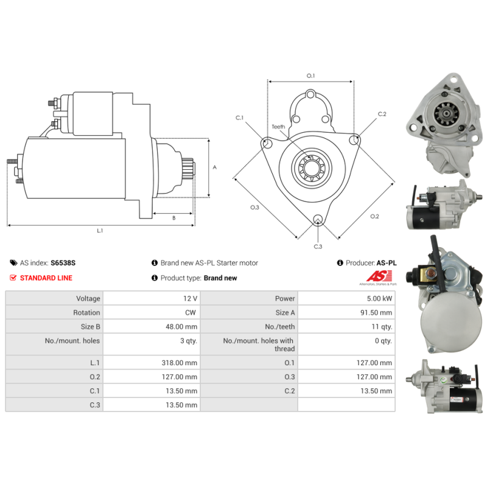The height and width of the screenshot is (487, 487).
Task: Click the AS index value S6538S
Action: (63, 263)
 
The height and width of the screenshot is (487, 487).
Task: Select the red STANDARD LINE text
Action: (46, 278)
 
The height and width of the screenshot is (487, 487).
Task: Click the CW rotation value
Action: (191, 312)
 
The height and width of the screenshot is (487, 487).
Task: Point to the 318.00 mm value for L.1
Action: (179, 363)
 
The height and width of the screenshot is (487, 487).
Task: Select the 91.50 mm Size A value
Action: (376, 312)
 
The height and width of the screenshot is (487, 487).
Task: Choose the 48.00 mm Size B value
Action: (181, 327)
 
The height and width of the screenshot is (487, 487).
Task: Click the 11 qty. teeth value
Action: (382, 327)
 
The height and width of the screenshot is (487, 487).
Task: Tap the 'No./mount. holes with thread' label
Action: (259, 345)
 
